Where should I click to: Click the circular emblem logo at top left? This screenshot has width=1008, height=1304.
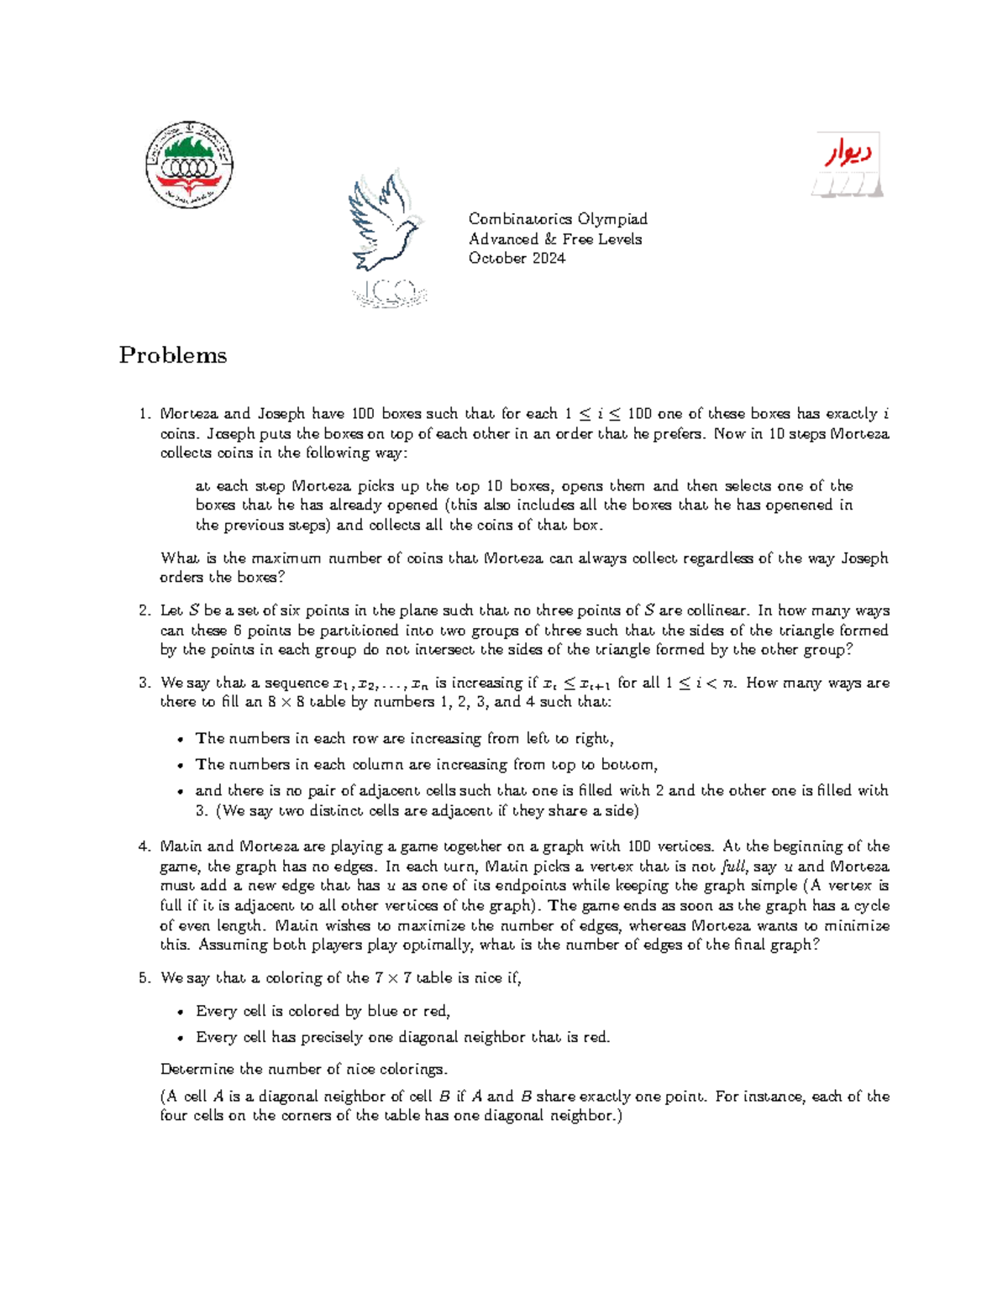189,165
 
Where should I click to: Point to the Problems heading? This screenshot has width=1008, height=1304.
173,355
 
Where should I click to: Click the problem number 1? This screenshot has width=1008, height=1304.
144,414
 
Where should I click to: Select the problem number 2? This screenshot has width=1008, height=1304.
144,611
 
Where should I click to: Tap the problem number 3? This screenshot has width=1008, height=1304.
144,683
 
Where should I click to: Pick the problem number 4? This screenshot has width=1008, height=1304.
144,847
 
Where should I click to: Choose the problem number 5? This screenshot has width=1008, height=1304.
144,978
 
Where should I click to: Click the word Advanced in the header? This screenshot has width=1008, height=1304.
503,239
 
